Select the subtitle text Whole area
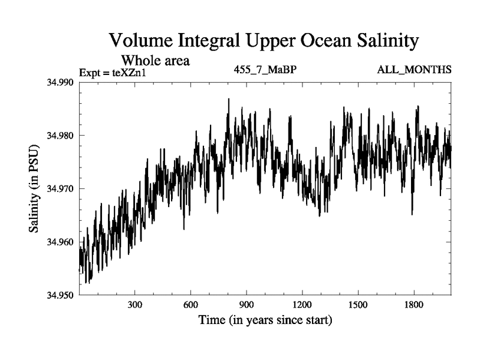click(x=155, y=60)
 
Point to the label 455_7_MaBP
click(x=265, y=70)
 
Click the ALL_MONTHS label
click(x=414, y=70)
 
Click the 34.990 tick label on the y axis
click(x=61, y=82)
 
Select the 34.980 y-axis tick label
click(x=61, y=136)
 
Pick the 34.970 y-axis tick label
click(x=61, y=188)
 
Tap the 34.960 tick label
click(x=61, y=242)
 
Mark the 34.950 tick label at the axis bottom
click(x=61, y=295)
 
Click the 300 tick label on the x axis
click(x=135, y=305)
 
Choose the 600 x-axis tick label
click(x=191, y=305)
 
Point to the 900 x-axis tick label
click(x=247, y=305)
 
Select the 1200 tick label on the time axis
click(x=302, y=305)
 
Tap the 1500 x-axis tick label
click(x=358, y=305)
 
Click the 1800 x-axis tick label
click(x=414, y=305)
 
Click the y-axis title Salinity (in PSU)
click(x=34, y=188)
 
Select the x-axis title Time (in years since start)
click(x=265, y=320)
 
